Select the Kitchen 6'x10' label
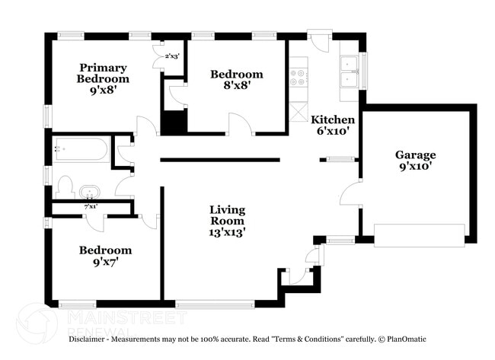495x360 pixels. [332, 125]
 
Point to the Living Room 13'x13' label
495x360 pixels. [228, 220]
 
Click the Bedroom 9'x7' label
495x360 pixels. [105, 255]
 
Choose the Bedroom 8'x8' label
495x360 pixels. [236, 79]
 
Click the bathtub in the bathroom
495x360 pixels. [81, 149]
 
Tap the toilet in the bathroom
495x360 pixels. [64, 187]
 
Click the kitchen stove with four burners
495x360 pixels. [298, 77]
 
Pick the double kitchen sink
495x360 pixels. [350, 72]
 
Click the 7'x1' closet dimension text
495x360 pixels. [90, 206]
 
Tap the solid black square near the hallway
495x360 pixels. [174, 123]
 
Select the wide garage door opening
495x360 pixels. [419, 235]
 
